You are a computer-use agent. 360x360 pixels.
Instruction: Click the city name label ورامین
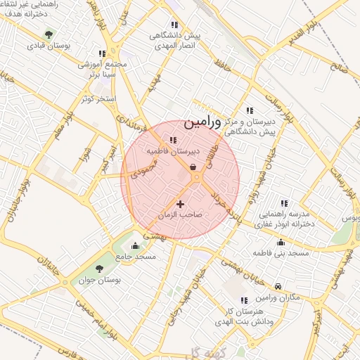coord(202,122)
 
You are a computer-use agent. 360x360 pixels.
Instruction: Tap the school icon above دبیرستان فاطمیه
coord(173,140)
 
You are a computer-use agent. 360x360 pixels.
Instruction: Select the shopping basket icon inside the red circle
coord(193,167)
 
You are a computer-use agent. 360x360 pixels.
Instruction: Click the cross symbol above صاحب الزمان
coord(180,204)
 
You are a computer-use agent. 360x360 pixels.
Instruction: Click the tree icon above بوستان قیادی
coord(48,34)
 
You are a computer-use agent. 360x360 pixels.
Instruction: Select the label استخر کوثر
coord(97,98)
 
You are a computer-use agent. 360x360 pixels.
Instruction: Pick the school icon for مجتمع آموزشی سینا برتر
coord(102,53)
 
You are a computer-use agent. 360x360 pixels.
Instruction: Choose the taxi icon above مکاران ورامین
coord(278,286)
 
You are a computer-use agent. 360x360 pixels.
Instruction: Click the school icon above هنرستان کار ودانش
coord(244,300)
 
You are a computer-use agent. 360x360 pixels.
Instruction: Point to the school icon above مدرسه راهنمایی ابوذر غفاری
coord(284,202)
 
